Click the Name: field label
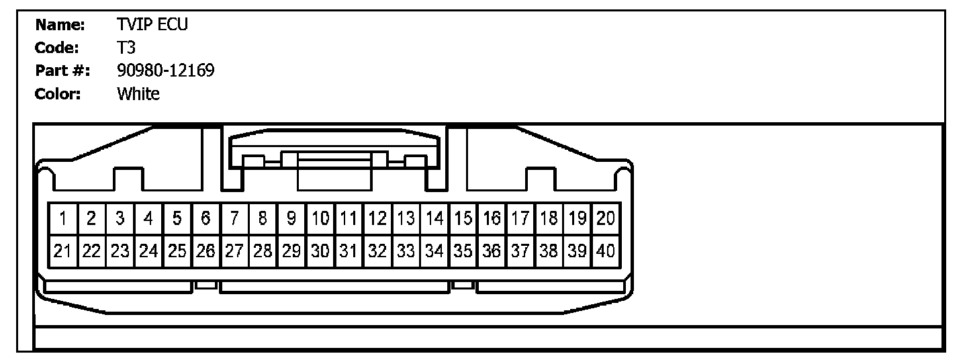point(60,26)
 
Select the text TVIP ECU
point(152,26)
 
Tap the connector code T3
point(126,48)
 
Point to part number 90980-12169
point(166,71)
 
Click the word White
point(138,93)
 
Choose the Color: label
point(58,93)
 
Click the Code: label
point(58,48)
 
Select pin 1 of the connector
point(62,218)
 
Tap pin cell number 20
point(606,218)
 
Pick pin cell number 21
point(62,252)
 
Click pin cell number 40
point(606,252)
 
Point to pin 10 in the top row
point(320,218)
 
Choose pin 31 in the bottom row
point(349,252)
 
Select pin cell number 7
point(234,218)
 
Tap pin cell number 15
point(463,218)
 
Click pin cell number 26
point(205,252)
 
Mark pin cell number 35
point(463,252)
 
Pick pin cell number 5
point(177,218)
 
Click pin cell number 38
point(549,252)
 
